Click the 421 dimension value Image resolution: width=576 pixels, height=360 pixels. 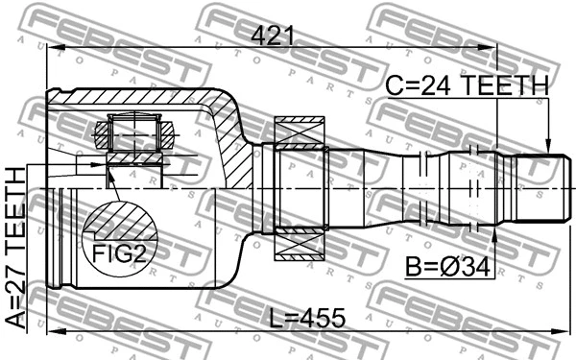(274, 36)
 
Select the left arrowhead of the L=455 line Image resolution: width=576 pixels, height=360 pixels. (53, 332)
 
